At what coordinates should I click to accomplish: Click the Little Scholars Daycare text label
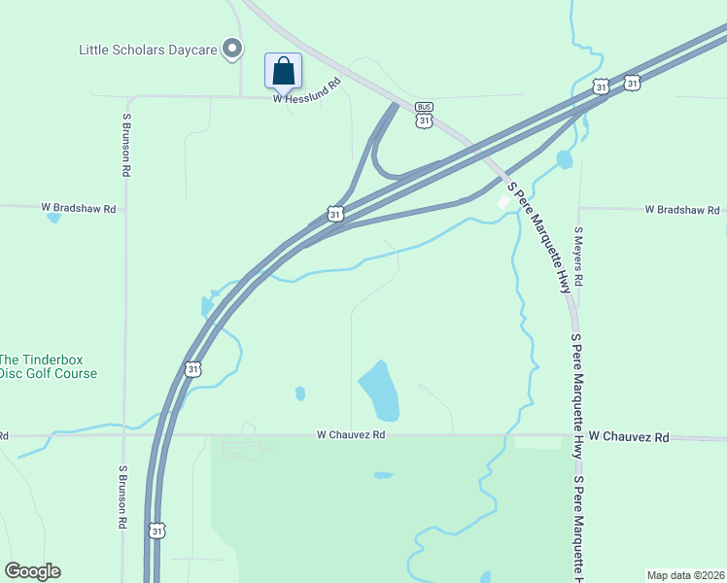148,48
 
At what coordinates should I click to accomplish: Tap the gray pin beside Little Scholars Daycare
232,48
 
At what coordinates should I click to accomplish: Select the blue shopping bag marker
283,71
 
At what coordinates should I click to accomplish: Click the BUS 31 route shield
424,115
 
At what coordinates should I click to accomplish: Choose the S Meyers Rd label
578,256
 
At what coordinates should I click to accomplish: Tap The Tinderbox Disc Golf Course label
48,366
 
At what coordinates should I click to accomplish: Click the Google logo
32,571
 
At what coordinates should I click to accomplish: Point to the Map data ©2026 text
685,574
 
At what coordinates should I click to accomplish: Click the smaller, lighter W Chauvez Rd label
351,435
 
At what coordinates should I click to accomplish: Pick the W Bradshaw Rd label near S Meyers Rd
683,210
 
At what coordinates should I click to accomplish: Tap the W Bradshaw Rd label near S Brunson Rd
78,208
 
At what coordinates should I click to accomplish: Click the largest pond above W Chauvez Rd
380,389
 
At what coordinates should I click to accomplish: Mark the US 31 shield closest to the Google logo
156,530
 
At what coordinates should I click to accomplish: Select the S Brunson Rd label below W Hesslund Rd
125,145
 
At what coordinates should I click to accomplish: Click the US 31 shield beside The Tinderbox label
192,369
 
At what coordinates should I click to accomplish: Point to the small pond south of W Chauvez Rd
383,475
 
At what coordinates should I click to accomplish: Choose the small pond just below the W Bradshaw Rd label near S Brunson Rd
53,219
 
